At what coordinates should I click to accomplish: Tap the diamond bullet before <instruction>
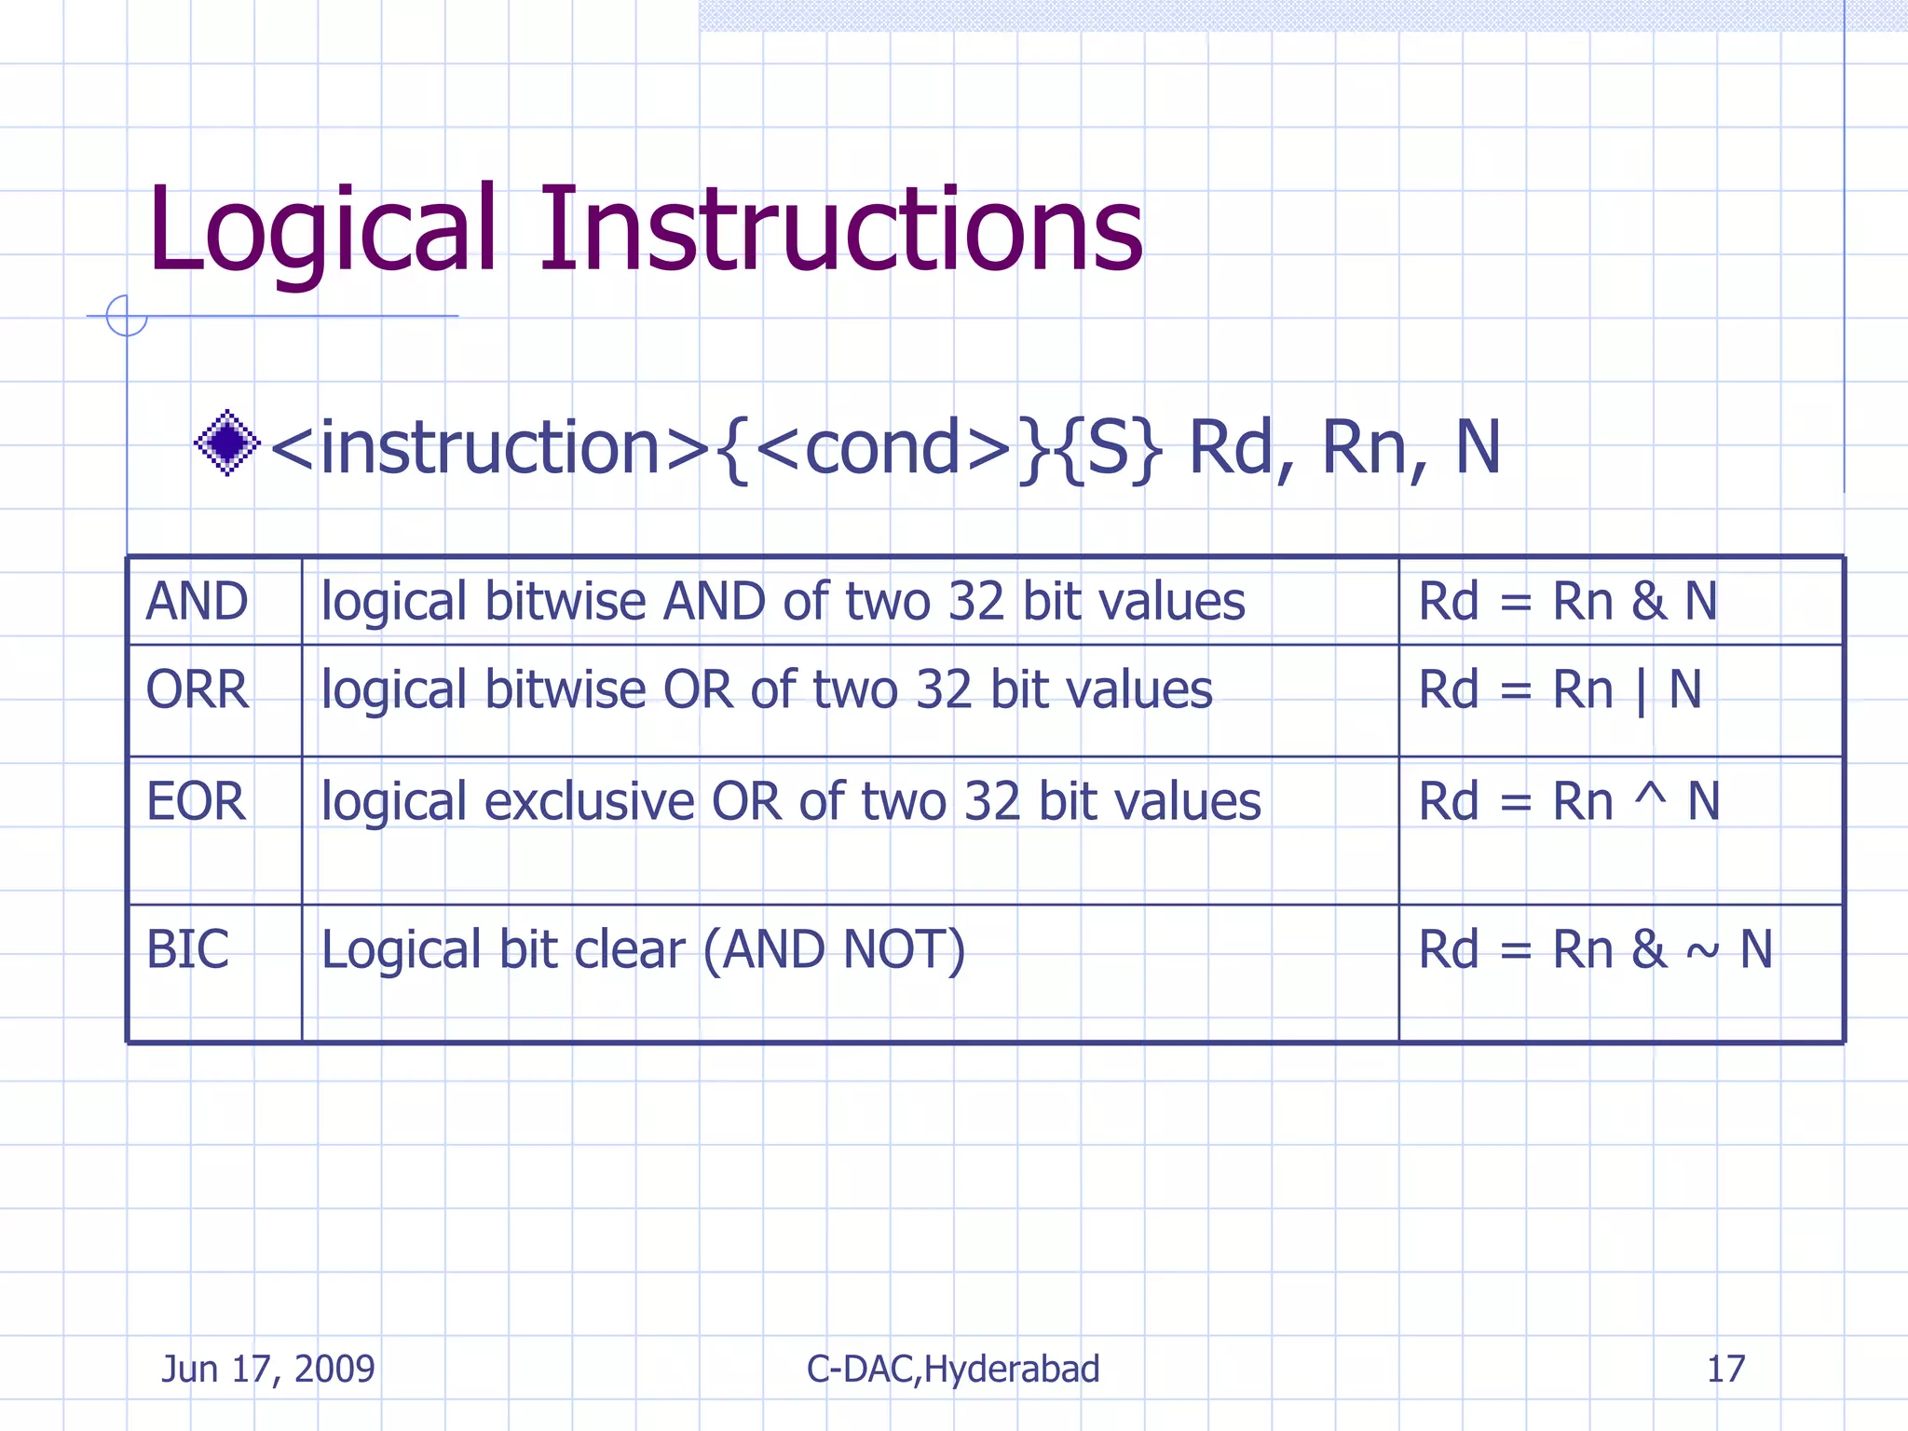click(x=226, y=443)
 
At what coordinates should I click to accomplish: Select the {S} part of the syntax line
click(x=1111, y=449)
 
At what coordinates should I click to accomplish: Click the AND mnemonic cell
click(x=198, y=601)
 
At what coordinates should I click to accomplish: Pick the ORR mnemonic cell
click(x=198, y=690)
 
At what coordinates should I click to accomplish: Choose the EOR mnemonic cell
click(x=196, y=801)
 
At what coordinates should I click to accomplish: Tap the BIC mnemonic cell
click(x=187, y=949)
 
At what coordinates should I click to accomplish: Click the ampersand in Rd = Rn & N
click(x=1648, y=602)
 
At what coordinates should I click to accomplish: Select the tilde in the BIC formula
click(x=1703, y=952)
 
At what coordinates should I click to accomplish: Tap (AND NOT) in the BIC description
click(x=834, y=950)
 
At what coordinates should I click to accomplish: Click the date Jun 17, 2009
click(x=268, y=1369)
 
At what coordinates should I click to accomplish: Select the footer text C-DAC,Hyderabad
click(x=953, y=1369)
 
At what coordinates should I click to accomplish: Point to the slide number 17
click(x=1725, y=1369)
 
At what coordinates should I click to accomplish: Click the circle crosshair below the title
click(x=127, y=316)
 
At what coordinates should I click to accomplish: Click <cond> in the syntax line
click(x=883, y=449)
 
